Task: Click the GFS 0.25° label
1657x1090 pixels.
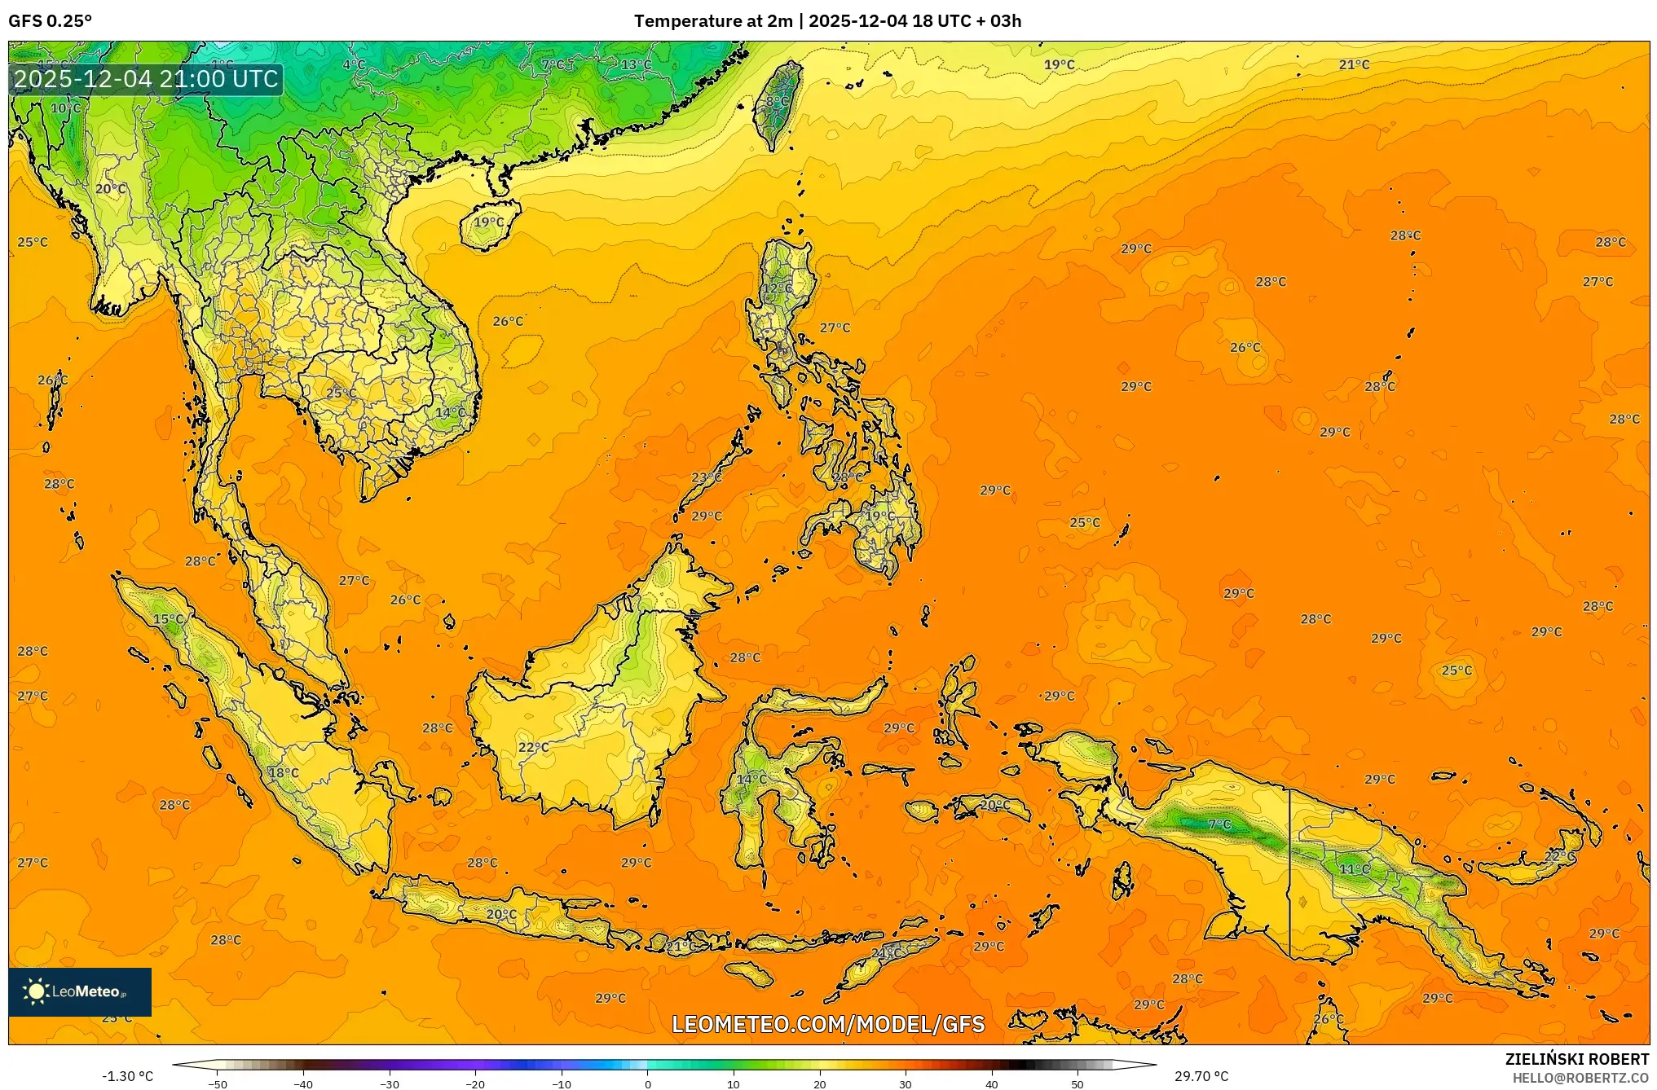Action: pyautogui.click(x=50, y=20)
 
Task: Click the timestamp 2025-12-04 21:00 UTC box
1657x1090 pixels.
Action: pyautogui.click(x=147, y=79)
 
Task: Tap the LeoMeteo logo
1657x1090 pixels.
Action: pyautogui.click(x=79, y=991)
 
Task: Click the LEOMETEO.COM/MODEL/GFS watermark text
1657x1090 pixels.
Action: pyautogui.click(x=827, y=1024)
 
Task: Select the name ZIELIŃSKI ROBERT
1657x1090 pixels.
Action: pyautogui.click(x=1576, y=1059)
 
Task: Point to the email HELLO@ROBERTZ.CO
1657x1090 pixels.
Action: pyautogui.click(x=1580, y=1078)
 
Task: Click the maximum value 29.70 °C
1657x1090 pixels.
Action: pyautogui.click(x=1201, y=1076)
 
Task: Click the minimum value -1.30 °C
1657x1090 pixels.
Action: pyautogui.click(x=127, y=1076)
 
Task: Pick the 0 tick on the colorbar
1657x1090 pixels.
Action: pyautogui.click(x=648, y=1083)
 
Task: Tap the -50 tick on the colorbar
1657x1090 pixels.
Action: pyautogui.click(x=218, y=1083)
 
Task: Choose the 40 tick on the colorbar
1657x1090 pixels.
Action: pyautogui.click(x=991, y=1083)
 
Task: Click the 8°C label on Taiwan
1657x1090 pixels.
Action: pyautogui.click(x=777, y=102)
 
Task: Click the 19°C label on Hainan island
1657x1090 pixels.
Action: pyautogui.click(x=489, y=222)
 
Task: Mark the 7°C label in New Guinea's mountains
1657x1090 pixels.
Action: pyautogui.click(x=1219, y=824)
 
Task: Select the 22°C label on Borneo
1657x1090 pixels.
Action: pyautogui.click(x=534, y=747)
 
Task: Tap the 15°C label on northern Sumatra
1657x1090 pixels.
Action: pyautogui.click(x=169, y=619)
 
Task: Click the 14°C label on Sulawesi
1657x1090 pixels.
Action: pyautogui.click(x=751, y=779)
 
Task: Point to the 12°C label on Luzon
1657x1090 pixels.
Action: pyautogui.click(x=777, y=288)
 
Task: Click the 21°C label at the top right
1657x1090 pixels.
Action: pyautogui.click(x=1354, y=64)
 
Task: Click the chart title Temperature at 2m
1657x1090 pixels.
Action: pyautogui.click(x=712, y=20)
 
